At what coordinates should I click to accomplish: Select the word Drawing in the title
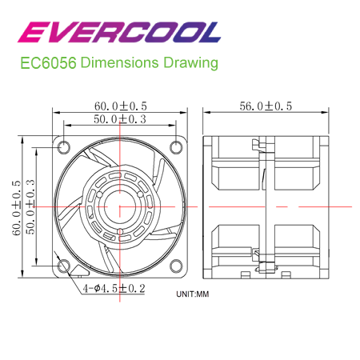pos(189,63)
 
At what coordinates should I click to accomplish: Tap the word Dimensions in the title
pos(118,63)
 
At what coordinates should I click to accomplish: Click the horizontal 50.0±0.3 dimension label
pos(121,119)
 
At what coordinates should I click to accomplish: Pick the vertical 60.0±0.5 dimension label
pos(17,206)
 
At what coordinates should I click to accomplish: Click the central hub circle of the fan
pos(119,206)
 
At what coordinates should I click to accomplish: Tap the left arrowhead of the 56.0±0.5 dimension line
pos(207,114)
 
